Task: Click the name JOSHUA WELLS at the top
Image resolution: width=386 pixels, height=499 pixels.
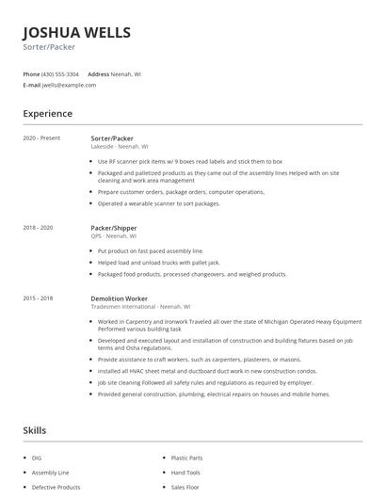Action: [77, 32]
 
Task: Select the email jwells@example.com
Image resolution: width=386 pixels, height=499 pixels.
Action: [69, 85]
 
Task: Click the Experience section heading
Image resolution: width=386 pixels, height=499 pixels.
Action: [48, 114]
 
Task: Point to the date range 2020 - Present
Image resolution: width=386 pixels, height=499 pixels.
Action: [41, 138]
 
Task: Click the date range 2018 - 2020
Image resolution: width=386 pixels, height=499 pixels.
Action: [38, 228]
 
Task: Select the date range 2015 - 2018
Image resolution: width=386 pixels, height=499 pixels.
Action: [38, 298]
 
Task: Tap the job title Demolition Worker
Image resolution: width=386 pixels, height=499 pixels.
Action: [120, 298]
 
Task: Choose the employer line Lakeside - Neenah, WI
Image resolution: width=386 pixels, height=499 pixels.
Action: [120, 147]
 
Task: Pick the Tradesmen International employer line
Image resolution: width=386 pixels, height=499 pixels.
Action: [140, 307]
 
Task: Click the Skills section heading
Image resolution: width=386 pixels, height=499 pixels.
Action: [35, 430]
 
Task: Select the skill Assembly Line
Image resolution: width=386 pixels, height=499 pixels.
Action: [51, 473]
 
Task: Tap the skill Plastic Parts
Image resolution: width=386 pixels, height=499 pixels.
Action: [186, 458]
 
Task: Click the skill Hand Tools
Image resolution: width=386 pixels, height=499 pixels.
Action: [185, 473]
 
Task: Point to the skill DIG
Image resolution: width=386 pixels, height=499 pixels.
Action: [37, 458]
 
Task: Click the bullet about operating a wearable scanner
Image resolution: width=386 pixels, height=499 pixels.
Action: [158, 203]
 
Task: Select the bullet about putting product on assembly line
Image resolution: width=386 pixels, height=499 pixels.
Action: [151, 251]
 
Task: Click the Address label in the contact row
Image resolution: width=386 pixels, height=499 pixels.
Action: [99, 73]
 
